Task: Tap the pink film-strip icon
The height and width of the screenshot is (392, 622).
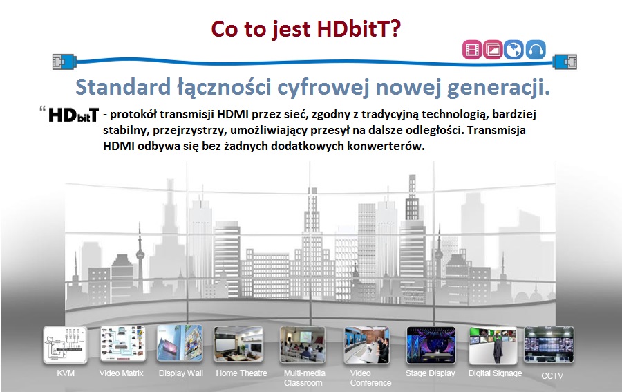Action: pyautogui.click(x=472, y=50)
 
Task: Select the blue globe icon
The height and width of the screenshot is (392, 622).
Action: pyautogui.click(x=513, y=50)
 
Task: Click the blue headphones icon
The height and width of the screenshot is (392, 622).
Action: pyautogui.click(x=536, y=50)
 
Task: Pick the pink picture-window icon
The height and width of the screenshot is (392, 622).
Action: pyautogui.click(x=493, y=50)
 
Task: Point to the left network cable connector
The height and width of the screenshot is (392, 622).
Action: pyautogui.click(x=64, y=62)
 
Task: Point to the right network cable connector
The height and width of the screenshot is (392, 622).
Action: pyautogui.click(x=565, y=62)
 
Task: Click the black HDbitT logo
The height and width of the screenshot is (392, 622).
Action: pyautogui.click(x=73, y=115)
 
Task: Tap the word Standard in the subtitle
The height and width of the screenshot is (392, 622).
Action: pyautogui.click(x=123, y=87)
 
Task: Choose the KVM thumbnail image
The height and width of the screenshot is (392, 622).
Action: pyautogui.click(x=66, y=345)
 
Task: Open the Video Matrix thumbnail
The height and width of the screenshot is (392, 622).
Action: pyautogui.click(x=123, y=344)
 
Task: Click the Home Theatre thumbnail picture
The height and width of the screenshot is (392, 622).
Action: pyautogui.click(x=238, y=344)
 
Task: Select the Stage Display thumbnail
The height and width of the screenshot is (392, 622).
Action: pyautogui.click(x=431, y=345)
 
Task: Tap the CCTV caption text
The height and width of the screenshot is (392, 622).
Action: pyautogui.click(x=552, y=375)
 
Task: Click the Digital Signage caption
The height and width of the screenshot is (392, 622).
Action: pyautogui.click(x=495, y=373)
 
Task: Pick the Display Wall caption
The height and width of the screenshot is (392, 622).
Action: pyautogui.click(x=181, y=373)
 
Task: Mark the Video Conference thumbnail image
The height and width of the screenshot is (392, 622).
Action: pyautogui.click(x=367, y=345)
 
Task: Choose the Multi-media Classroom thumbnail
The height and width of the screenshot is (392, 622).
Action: pyautogui.click(x=303, y=344)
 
